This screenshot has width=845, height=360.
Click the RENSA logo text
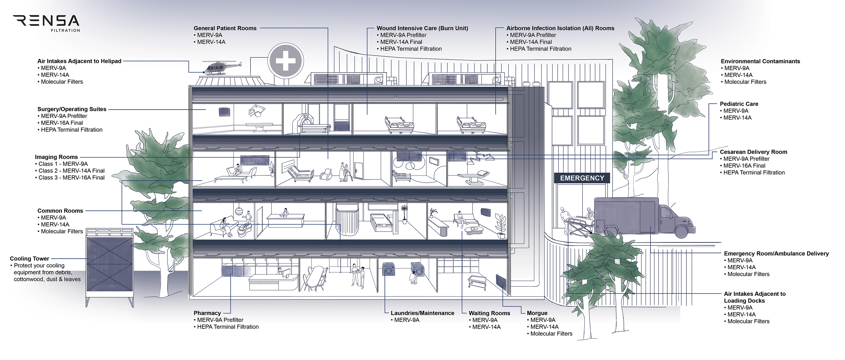tap(46, 21)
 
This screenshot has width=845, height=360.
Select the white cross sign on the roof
tap(285, 61)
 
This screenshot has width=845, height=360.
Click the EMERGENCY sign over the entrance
tap(582, 178)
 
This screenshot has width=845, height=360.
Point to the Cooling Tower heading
tap(30, 259)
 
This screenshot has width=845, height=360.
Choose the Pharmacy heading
tap(207, 313)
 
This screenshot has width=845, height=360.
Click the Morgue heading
tap(537, 313)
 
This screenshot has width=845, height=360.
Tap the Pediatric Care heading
tap(739, 104)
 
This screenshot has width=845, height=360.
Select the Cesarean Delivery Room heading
tap(753, 152)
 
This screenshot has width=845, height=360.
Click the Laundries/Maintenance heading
tap(422, 313)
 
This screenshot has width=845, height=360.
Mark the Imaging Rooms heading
tap(56, 157)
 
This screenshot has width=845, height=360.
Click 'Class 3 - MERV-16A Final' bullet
tap(71, 178)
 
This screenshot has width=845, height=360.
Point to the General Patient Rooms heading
tap(225, 28)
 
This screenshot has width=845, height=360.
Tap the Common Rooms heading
tap(60, 211)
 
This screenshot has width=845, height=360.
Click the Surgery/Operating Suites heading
tap(72, 109)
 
